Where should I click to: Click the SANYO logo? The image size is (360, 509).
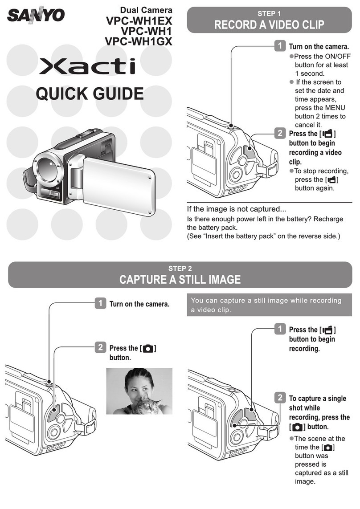(x=36, y=15)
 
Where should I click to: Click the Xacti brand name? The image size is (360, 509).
(x=87, y=66)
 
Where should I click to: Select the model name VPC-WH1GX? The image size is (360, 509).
(x=139, y=41)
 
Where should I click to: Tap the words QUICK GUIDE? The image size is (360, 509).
(x=90, y=94)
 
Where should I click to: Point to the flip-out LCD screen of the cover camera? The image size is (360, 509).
(x=119, y=186)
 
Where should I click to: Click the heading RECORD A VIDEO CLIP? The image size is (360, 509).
(x=270, y=24)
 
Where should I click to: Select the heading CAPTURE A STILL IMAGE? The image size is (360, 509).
(x=180, y=279)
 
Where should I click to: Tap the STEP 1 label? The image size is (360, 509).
(x=269, y=14)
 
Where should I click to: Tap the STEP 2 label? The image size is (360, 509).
(x=180, y=269)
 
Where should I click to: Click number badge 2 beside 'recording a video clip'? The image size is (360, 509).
(x=280, y=133)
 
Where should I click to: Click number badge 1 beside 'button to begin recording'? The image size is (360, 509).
(x=280, y=329)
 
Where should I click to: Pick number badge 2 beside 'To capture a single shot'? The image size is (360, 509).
(x=280, y=397)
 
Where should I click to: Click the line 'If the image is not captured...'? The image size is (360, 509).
(x=237, y=209)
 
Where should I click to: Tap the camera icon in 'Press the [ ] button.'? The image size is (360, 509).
(x=148, y=349)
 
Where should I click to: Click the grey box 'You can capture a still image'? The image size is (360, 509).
(x=270, y=305)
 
